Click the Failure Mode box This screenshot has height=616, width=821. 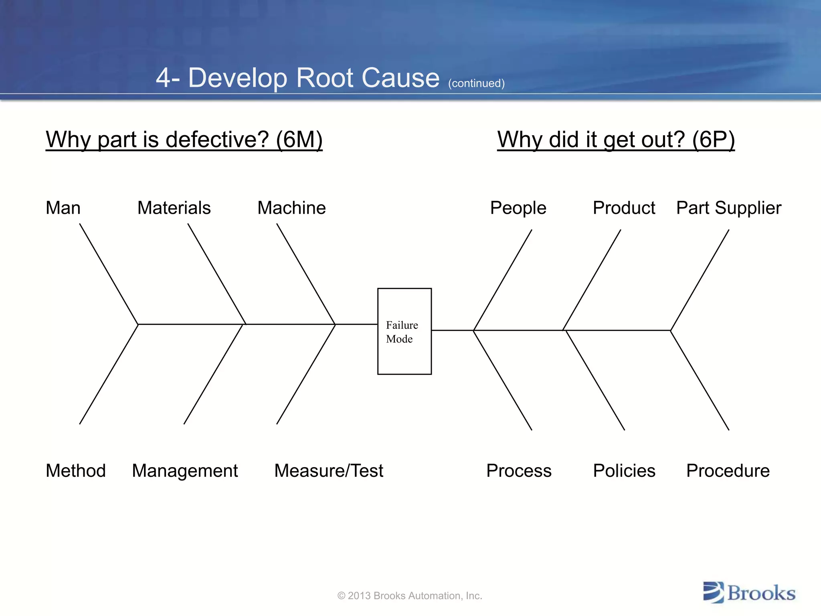click(404, 331)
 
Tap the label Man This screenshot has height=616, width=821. click(63, 208)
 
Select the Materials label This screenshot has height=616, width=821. click(174, 208)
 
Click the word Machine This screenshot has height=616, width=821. click(291, 208)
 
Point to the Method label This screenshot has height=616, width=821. click(76, 470)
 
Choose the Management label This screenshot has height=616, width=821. click(185, 470)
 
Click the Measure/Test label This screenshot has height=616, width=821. click(329, 470)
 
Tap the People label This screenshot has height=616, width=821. click(518, 208)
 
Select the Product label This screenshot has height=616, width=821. click(624, 208)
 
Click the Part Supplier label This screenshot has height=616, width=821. click(728, 208)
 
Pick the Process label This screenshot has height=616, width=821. click(519, 470)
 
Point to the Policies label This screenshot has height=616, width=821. click(624, 470)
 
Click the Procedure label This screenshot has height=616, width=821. click(728, 470)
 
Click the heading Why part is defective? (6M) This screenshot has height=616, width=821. click(184, 140)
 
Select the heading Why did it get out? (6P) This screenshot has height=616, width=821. click(616, 140)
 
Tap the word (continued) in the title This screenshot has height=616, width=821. click(476, 83)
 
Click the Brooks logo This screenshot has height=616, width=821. click(749, 593)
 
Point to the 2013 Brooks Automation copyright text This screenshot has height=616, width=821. click(410, 596)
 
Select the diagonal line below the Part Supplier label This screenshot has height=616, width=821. click(700, 280)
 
